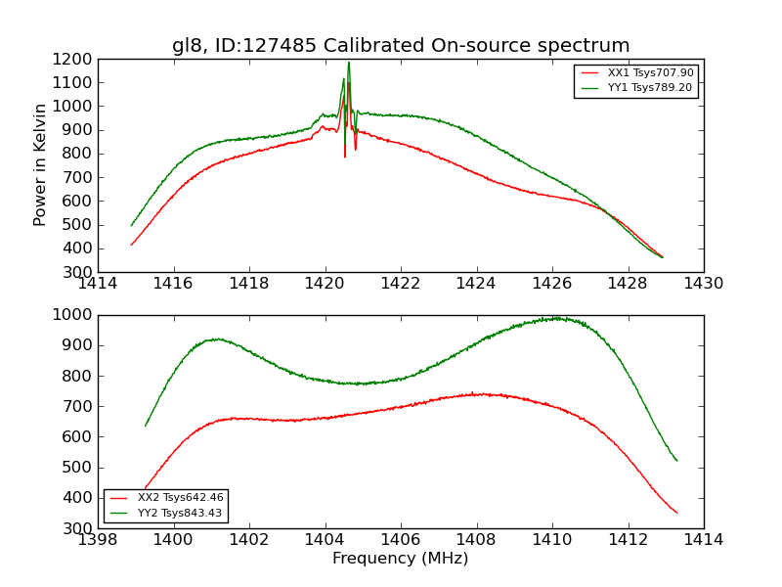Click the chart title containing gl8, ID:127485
[401, 46]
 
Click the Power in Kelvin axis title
[40, 164]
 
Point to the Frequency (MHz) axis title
[401, 559]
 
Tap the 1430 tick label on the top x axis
[704, 284]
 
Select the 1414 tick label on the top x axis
[99, 284]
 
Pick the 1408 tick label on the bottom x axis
[476, 540]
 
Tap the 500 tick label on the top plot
[77, 225]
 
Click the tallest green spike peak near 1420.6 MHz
[348, 63]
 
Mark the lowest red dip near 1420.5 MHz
[345, 157]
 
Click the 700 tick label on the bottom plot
[77, 406]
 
